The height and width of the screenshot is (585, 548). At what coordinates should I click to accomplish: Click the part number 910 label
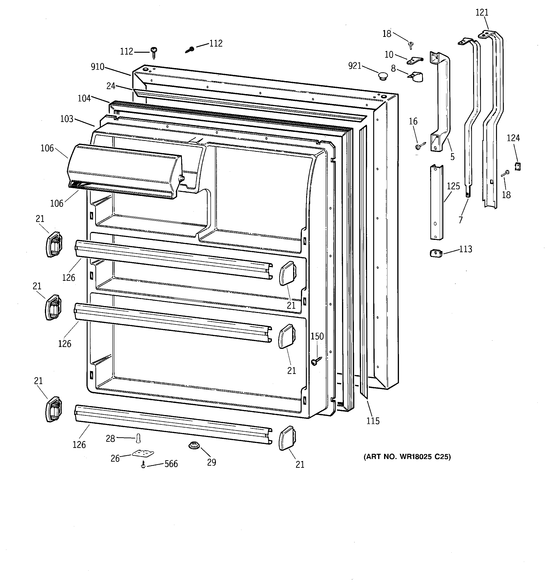coord(97,67)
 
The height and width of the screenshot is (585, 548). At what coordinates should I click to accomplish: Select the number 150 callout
coord(317,336)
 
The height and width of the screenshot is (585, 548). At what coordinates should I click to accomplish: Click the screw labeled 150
coord(316,361)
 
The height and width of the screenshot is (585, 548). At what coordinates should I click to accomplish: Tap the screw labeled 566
coord(143,465)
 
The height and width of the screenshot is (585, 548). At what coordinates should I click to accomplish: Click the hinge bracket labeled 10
coord(415,61)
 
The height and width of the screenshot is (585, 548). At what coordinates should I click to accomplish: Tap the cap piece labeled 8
coord(416,77)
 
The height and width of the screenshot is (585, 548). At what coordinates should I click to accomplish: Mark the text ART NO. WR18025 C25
coord(407,457)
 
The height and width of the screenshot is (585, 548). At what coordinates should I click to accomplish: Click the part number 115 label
coord(373,421)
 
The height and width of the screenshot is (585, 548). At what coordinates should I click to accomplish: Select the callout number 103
coord(67,119)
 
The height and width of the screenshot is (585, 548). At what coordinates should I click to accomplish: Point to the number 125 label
coord(453,186)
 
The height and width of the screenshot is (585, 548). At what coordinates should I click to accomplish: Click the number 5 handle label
coord(452,157)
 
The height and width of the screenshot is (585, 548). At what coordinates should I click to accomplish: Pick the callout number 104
coord(84,98)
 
